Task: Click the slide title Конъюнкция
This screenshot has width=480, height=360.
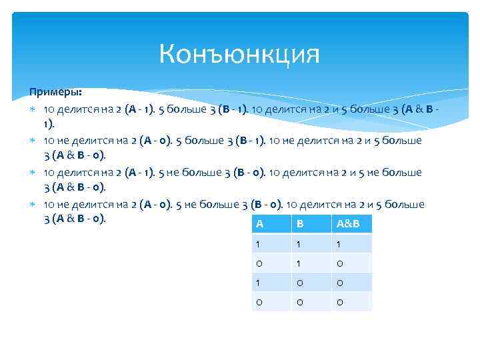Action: (x=239, y=54)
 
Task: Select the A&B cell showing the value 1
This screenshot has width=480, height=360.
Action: (x=339, y=244)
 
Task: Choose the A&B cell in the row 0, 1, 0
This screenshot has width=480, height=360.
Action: (x=339, y=263)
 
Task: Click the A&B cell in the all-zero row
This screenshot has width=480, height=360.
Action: (x=339, y=302)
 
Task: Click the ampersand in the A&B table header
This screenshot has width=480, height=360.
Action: (x=347, y=224)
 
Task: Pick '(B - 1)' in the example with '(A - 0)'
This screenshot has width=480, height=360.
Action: (x=243, y=141)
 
